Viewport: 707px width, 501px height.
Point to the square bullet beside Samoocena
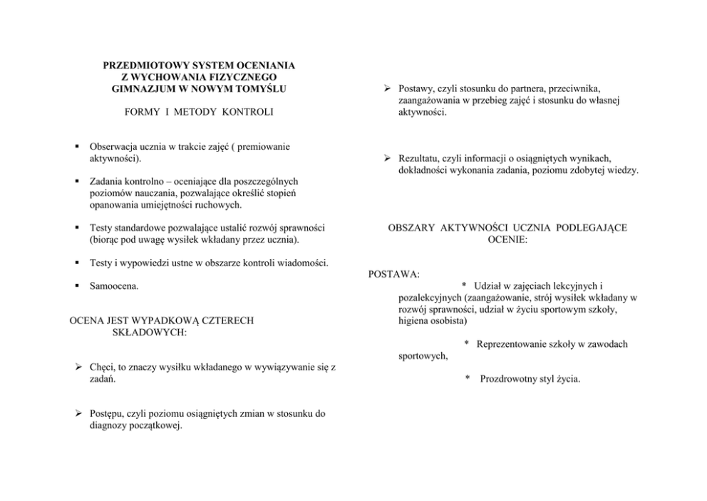click(x=75, y=287)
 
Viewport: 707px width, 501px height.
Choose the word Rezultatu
click(x=421, y=158)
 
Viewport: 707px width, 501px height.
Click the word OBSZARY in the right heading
click(x=414, y=228)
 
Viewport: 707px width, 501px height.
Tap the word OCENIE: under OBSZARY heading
click(x=507, y=240)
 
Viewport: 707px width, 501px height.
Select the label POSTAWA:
click(x=393, y=274)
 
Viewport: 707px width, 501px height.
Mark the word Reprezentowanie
click(x=513, y=344)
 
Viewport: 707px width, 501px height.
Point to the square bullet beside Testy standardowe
click(x=75, y=228)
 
